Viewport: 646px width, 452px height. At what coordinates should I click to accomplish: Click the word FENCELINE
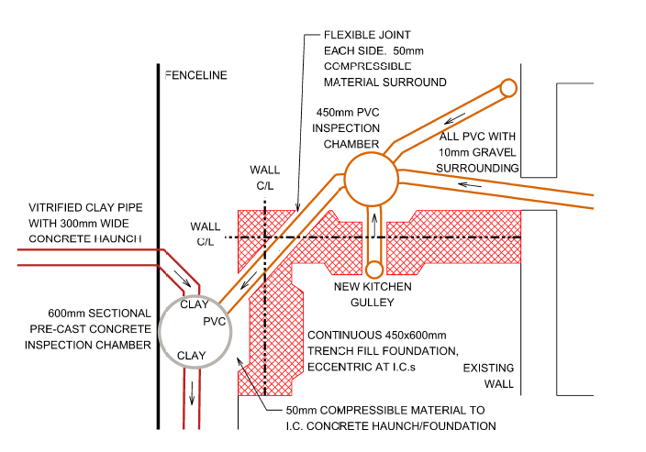[195, 75]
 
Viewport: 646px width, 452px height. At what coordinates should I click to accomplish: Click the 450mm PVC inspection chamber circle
[370, 178]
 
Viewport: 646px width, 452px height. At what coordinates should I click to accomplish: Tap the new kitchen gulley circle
[374, 270]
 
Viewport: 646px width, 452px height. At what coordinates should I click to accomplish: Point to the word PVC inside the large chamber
[214, 321]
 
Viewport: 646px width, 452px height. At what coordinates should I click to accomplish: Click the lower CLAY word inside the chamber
[193, 356]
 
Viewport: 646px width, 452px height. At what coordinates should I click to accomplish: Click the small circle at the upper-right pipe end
[507, 87]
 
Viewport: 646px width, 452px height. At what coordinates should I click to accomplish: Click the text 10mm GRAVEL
[476, 151]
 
